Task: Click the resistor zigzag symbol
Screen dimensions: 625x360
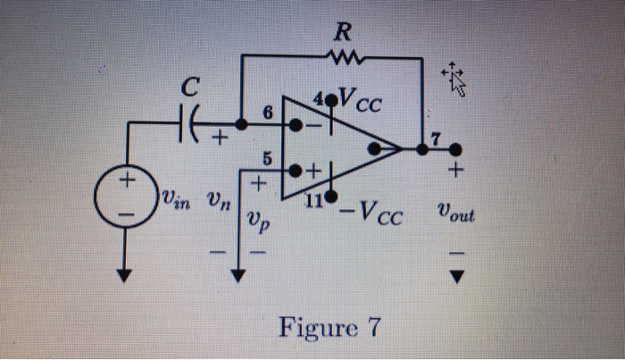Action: pyautogui.click(x=345, y=58)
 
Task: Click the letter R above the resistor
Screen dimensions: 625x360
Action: pyautogui.click(x=343, y=32)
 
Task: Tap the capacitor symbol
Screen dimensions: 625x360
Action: pyautogui.click(x=188, y=123)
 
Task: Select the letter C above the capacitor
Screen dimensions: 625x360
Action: pyautogui.click(x=190, y=87)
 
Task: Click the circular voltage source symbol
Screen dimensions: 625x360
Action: pyautogui.click(x=126, y=196)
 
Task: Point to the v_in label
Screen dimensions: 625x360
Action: pyautogui.click(x=175, y=198)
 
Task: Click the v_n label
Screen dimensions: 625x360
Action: pyautogui.click(x=219, y=199)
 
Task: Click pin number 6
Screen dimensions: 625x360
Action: pyautogui.click(x=268, y=113)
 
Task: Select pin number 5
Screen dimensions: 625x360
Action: pyautogui.click(x=267, y=159)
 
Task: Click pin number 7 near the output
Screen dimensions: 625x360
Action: pyautogui.click(x=436, y=139)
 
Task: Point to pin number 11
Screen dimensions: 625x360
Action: pyautogui.click(x=314, y=201)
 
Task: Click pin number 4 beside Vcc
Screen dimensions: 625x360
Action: pyautogui.click(x=319, y=98)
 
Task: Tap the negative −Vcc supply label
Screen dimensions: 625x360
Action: pyautogui.click(x=371, y=213)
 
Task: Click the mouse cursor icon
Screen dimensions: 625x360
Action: pyautogui.click(x=454, y=79)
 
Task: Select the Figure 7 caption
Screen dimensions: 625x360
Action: pyautogui.click(x=329, y=328)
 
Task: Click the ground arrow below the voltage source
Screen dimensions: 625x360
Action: pyautogui.click(x=124, y=275)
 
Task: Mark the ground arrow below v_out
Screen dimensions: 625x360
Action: pyautogui.click(x=457, y=277)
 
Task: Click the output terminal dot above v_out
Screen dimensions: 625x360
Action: pyautogui.click(x=455, y=150)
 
